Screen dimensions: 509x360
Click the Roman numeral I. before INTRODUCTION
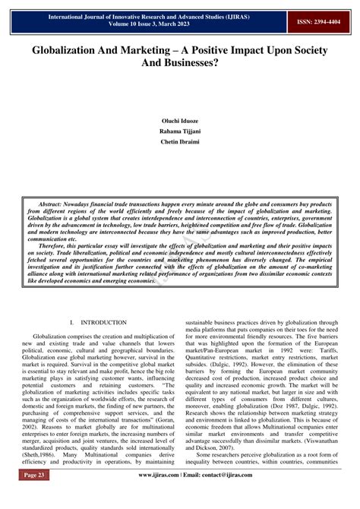tap(71, 323)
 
